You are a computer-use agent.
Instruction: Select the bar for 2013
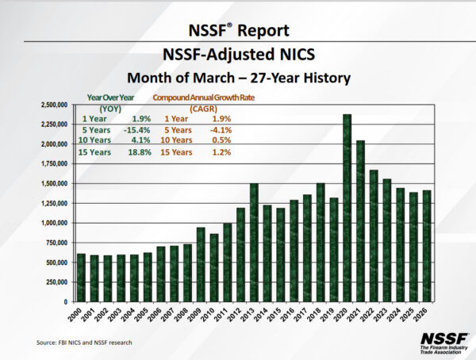pyautogui.click(x=254, y=243)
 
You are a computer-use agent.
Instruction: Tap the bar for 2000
pyautogui.click(x=81, y=278)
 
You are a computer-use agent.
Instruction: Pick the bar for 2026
pyautogui.click(x=428, y=246)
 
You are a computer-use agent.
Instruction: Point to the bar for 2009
pyautogui.click(x=201, y=265)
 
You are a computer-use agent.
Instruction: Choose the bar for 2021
pyautogui.click(x=361, y=221)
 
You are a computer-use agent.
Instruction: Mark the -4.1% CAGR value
pyautogui.click(x=218, y=129)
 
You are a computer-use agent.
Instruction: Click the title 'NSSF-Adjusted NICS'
pyautogui.click(x=239, y=56)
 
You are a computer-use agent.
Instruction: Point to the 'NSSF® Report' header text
pyautogui.click(x=238, y=32)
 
